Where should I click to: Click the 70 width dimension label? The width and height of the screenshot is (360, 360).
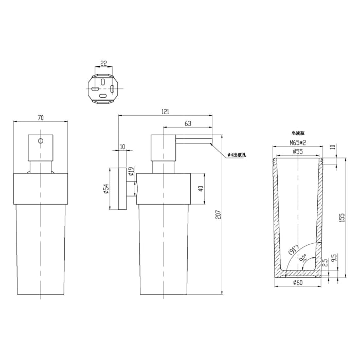coord(41,118)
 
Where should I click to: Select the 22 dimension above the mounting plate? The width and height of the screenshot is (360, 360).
coord(103,64)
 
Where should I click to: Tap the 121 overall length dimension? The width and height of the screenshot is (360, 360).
coord(165,111)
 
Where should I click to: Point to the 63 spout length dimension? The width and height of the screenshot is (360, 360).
coord(188,123)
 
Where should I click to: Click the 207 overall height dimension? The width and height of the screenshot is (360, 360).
coord(218,214)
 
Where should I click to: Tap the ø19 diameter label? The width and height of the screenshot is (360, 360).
coord(132,172)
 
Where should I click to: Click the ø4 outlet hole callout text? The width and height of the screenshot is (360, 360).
coord(235,154)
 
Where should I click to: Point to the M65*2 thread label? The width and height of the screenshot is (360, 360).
coord(298,142)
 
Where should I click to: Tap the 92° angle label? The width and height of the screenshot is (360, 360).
coord(304,259)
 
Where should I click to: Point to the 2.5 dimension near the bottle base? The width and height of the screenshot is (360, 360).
coord(324,264)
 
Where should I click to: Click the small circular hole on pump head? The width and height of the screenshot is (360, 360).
coord(41,140)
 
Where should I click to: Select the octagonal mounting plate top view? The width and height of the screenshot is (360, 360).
coord(103,88)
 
